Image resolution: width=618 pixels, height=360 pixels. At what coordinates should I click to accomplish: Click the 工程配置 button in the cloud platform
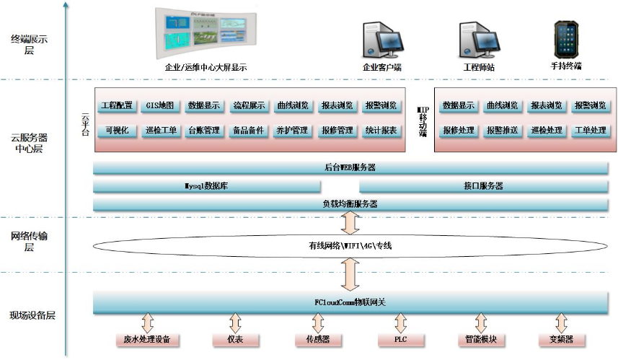click(117, 105)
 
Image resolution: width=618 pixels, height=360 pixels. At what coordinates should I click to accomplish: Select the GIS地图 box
click(160, 105)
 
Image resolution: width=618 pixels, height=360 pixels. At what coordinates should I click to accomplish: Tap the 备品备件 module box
click(248, 131)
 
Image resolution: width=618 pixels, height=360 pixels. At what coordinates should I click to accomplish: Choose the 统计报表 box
click(380, 131)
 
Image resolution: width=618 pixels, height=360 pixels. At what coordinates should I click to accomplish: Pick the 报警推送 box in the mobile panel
click(503, 131)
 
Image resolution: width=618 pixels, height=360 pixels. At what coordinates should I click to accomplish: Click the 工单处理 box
click(590, 131)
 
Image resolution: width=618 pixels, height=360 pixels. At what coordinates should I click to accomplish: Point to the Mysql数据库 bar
click(207, 186)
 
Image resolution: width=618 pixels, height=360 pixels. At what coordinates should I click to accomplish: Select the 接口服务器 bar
click(483, 186)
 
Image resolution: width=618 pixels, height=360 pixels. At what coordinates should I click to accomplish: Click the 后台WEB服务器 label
click(350, 168)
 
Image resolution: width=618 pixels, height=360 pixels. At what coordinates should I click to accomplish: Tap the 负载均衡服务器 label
click(350, 204)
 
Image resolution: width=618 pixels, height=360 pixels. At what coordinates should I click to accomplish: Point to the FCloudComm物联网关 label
click(350, 302)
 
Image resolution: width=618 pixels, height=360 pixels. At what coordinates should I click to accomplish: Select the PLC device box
click(399, 340)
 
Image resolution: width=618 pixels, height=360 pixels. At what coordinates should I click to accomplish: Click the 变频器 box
click(561, 340)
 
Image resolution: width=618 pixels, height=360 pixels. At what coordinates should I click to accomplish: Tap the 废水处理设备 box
click(148, 340)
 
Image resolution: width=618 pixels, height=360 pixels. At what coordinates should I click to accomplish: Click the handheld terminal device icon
click(565, 40)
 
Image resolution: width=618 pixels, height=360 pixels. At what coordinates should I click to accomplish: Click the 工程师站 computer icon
click(478, 40)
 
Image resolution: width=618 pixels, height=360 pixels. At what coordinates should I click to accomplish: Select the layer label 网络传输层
click(30, 242)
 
